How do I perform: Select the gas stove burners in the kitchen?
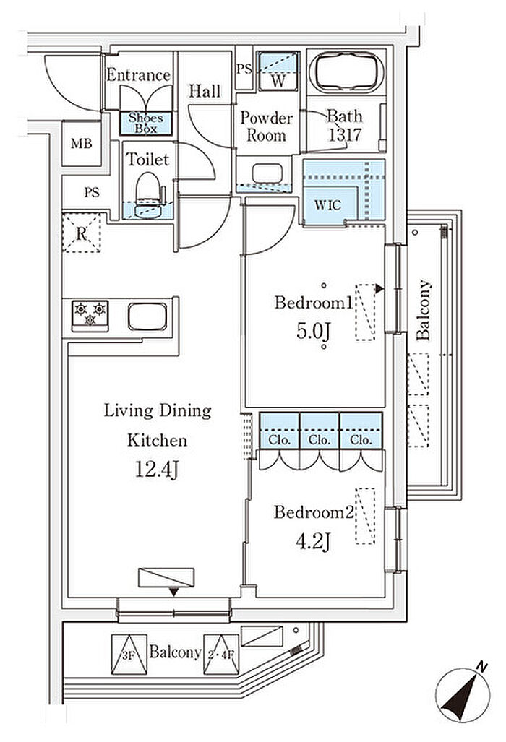pos(90,314)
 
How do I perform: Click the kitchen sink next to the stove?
pos(147,316)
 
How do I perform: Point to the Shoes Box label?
pos(146,124)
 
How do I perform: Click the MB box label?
pos(81,143)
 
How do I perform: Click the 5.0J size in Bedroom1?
pos(312,334)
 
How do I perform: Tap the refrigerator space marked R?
pos(82,232)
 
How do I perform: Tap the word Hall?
pos(205,91)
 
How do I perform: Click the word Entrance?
pos(138,75)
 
